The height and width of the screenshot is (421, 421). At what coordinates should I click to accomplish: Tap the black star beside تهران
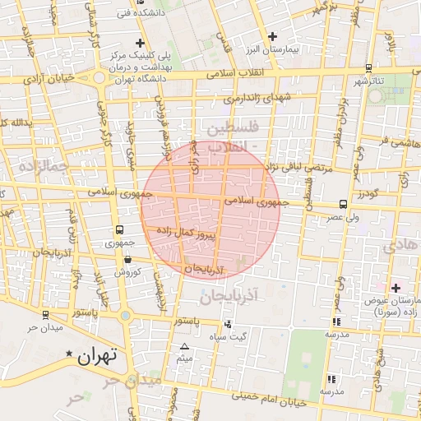click(69, 354)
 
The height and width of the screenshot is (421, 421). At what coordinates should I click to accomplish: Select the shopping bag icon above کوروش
click(127, 259)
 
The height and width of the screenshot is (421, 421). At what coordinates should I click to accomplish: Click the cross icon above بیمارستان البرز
click(273, 36)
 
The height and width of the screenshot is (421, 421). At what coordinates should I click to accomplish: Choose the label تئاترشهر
click(369, 82)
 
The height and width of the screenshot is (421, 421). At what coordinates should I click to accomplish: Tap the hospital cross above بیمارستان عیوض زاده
click(396, 288)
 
